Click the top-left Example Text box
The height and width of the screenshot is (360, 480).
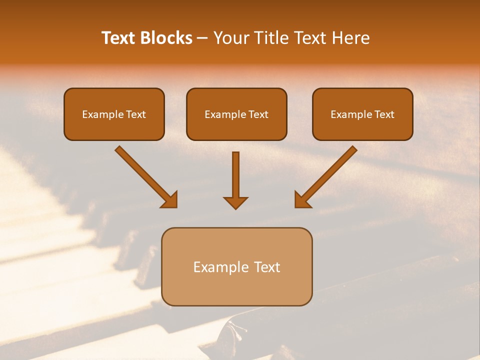114,114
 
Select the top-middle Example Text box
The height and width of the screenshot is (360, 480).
236,114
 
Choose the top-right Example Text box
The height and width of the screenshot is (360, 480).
362,114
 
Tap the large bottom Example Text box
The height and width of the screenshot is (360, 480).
236,266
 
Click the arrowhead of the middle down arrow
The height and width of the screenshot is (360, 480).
235,202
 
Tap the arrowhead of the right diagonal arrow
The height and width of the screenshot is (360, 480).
302,200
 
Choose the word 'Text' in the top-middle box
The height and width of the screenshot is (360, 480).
258,114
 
